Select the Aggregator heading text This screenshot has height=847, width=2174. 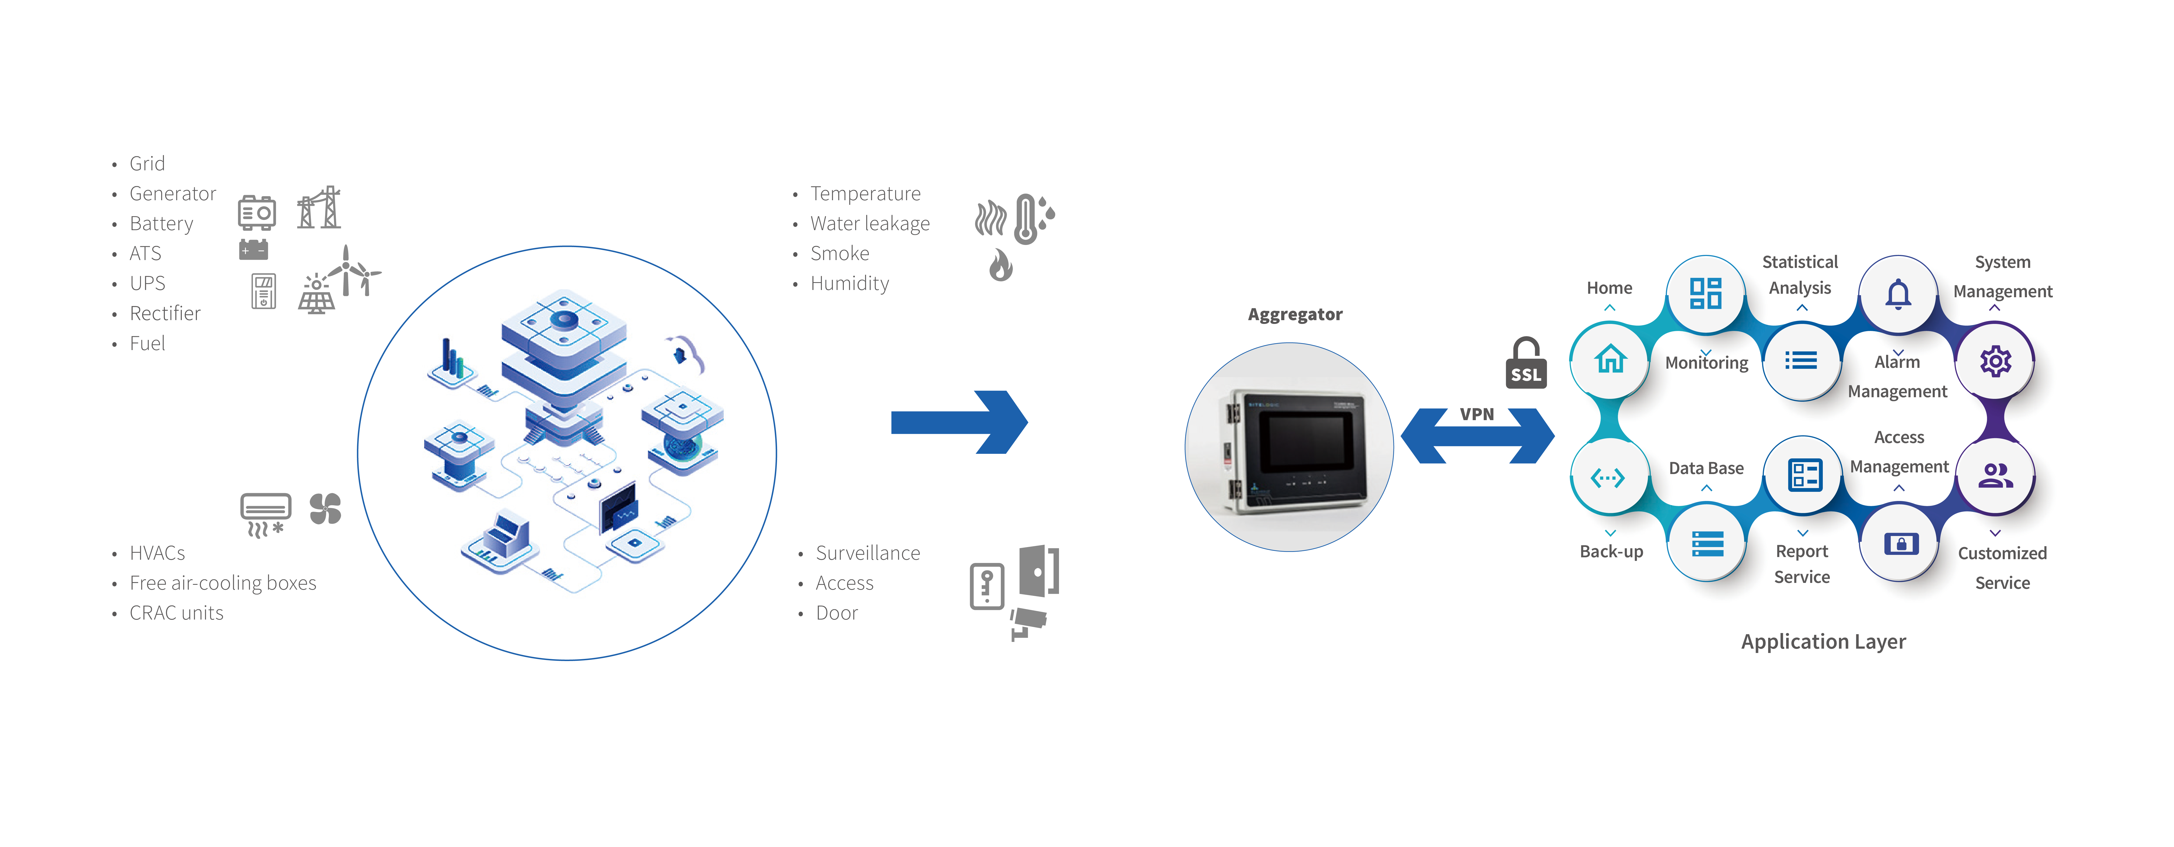1295,314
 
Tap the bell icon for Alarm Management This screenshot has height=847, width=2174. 1898,293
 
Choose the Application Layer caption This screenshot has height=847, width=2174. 1823,642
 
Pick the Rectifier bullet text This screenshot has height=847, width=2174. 165,313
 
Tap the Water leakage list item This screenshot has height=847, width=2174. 869,224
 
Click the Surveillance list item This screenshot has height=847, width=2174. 867,553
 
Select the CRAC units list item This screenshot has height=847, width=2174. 176,613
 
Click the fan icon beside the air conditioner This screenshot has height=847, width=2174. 325,508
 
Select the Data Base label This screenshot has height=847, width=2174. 1706,468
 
